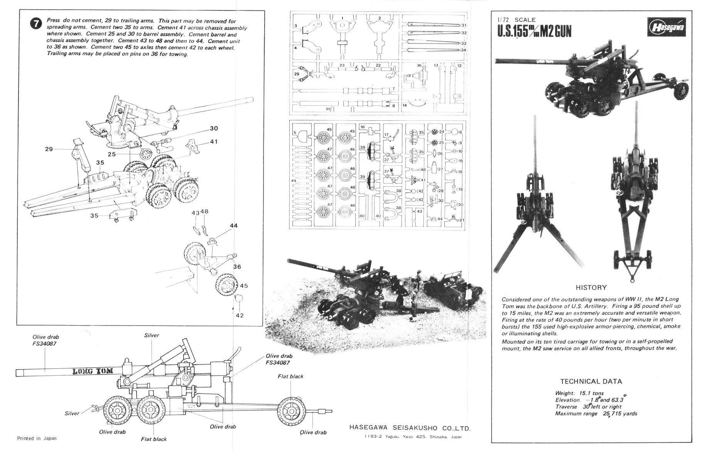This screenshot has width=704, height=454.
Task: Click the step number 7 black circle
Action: click(x=35, y=24)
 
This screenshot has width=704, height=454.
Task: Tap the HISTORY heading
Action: click(x=591, y=287)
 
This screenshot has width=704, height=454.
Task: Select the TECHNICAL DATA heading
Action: click(x=591, y=381)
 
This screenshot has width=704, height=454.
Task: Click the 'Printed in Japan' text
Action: click(x=37, y=438)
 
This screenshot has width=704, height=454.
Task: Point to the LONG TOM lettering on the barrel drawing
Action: click(x=93, y=371)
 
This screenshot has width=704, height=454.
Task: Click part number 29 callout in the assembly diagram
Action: click(x=49, y=149)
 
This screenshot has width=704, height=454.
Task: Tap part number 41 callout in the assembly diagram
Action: click(x=214, y=142)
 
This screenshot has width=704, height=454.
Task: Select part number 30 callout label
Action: click(x=214, y=128)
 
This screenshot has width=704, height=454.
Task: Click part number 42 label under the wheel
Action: click(x=240, y=315)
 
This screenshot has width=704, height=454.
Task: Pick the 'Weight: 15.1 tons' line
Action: click(x=579, y=393)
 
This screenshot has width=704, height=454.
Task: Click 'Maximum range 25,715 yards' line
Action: click(x=596, y=414)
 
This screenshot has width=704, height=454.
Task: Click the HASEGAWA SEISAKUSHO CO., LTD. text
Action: click(x=410, y=428)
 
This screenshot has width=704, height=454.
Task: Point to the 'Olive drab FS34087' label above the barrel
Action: click(x=46, y=340)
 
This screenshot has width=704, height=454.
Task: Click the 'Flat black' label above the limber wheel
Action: click(x=290, y=376)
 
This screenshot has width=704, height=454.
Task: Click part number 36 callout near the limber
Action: click(x=236, y=267)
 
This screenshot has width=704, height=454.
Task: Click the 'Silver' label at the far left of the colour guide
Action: click(x=72, y=413)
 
